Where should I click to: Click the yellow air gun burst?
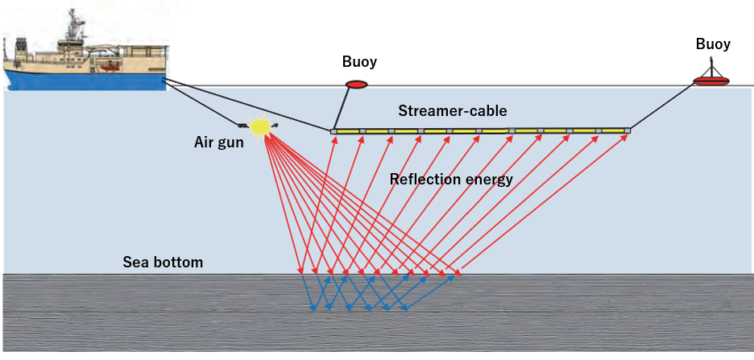pyautogui.click(x=260, y=126)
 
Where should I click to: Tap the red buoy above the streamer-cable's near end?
pyautogui.click(x=356, y=85)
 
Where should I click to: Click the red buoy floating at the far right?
pyautogui.click(x=711, y=80)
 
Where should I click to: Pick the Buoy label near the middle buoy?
pyautogui.click(x=358, y=62)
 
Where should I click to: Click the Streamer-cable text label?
pyautogui.click(x=452, y=110)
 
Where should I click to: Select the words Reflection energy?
pyautogui.click(x=450, y=179)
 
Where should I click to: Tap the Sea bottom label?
pyautogui.click(x=163, y=262)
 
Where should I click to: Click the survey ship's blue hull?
pyautogui.click(x=81, y=79)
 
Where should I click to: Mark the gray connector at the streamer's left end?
pyautogui.click(x=333, y=130)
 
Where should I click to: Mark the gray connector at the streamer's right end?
pyautogui.click(x=627, y=129)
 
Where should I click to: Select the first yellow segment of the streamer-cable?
pyautogui.click(x=348, y=130)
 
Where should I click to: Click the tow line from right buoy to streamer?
pyautogui.click(x=669, y=105)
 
